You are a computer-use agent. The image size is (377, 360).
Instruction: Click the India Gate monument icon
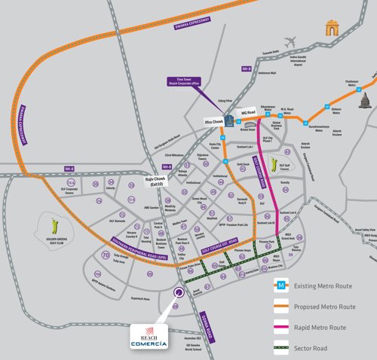point(329,29)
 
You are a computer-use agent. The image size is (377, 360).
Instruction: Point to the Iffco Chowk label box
point(215,121)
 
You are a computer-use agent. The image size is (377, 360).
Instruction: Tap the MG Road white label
point(249,112)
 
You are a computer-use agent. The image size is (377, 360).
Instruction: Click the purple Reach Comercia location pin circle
point(179,294)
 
